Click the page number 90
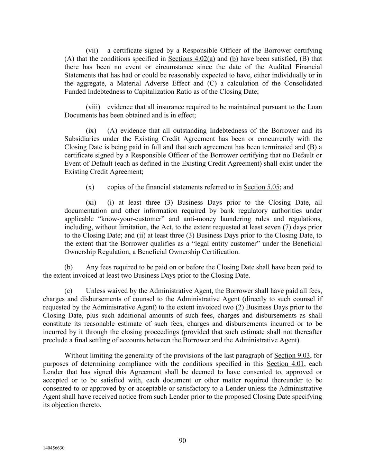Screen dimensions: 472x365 pyautogui.click(x=182, y=441)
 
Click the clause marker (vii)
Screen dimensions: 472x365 pyautogui.click(x=93, y=50)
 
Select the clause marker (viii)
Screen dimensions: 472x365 pyautogui.click(x=93, y=107)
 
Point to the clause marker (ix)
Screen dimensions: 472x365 pyautogui.click(x=91, y=131)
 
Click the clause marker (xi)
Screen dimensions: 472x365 pyautogui.click(x=91, y=203)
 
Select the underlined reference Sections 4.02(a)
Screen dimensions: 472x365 pyautogui.click(x=191, y=59)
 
